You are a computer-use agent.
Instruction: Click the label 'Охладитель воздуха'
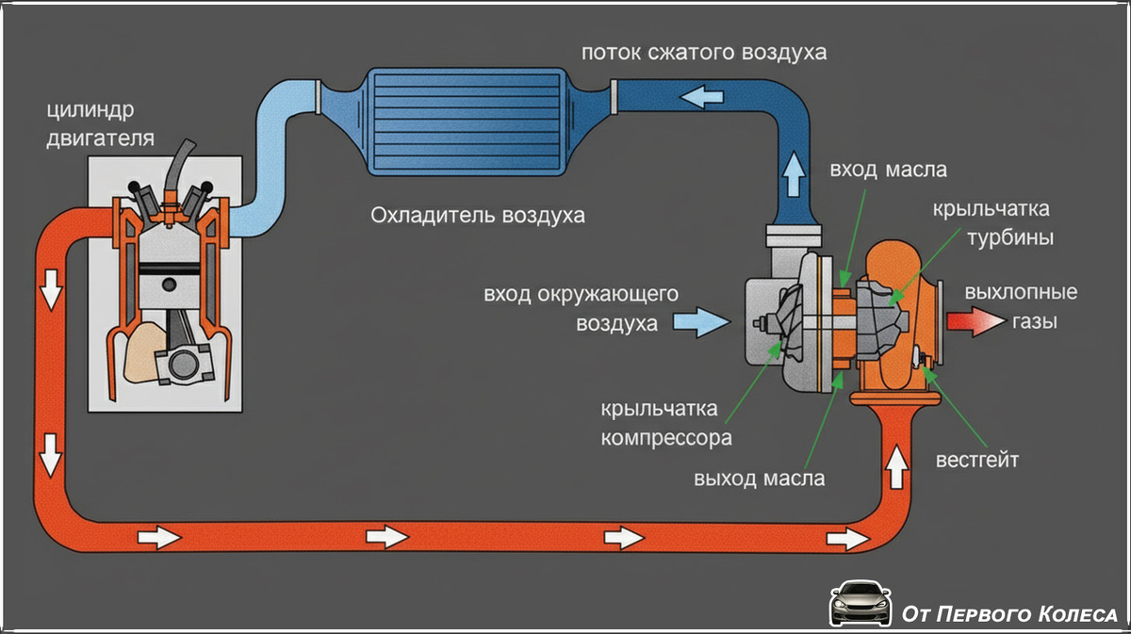click(477, 215)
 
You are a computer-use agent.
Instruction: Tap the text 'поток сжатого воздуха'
click(703, 52)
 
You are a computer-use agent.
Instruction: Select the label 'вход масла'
click(888, 171)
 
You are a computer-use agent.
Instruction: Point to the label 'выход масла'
click(759, 478)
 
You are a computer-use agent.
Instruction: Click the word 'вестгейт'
click(976, 461)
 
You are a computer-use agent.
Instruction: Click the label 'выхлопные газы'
click(1020, 307)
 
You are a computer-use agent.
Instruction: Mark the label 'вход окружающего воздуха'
click(582, 309)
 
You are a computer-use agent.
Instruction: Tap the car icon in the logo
click(860, 603)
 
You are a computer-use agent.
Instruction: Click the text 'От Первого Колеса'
click(1008, 614)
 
